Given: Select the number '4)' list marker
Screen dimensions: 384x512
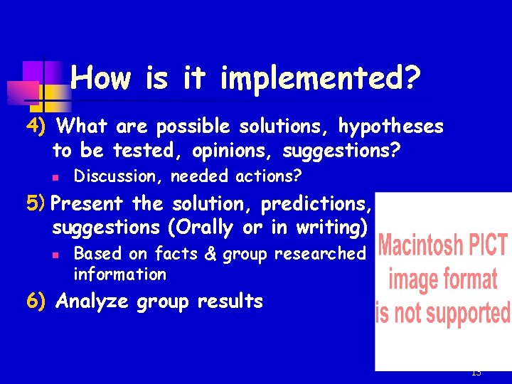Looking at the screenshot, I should coord(36,127).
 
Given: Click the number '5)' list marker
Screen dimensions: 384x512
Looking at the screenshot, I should coord(36,204).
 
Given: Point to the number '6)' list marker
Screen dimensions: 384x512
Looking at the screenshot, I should coord(37,302).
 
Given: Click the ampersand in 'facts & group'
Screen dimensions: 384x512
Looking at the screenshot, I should coord(210,254).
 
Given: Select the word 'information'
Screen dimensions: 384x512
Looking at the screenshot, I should coord(119,274).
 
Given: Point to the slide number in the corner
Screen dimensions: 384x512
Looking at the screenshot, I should coord(476,372).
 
